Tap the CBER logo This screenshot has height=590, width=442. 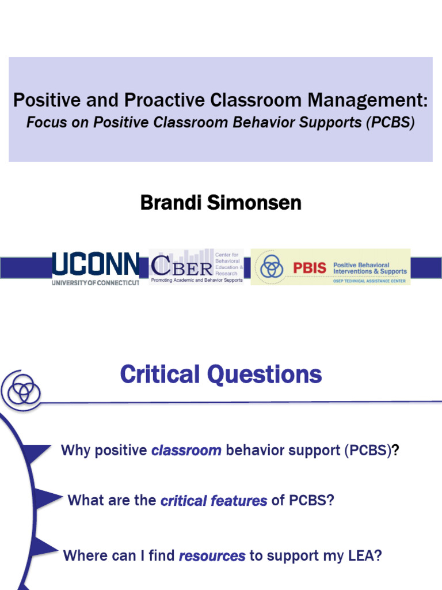click(196, 267)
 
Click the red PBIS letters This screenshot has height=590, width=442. click(309, 268)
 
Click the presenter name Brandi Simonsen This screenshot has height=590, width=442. click(220, 203)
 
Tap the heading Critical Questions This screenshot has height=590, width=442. click(220, 375)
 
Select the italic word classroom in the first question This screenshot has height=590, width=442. click(186, 451)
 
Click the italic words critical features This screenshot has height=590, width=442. click(214, 501)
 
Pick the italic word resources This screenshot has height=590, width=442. click(212, 556)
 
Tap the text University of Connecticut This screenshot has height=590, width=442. click(96, 282)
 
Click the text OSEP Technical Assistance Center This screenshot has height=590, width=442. click(369, 281)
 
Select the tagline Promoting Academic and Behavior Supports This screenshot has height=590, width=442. click(196, 280)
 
